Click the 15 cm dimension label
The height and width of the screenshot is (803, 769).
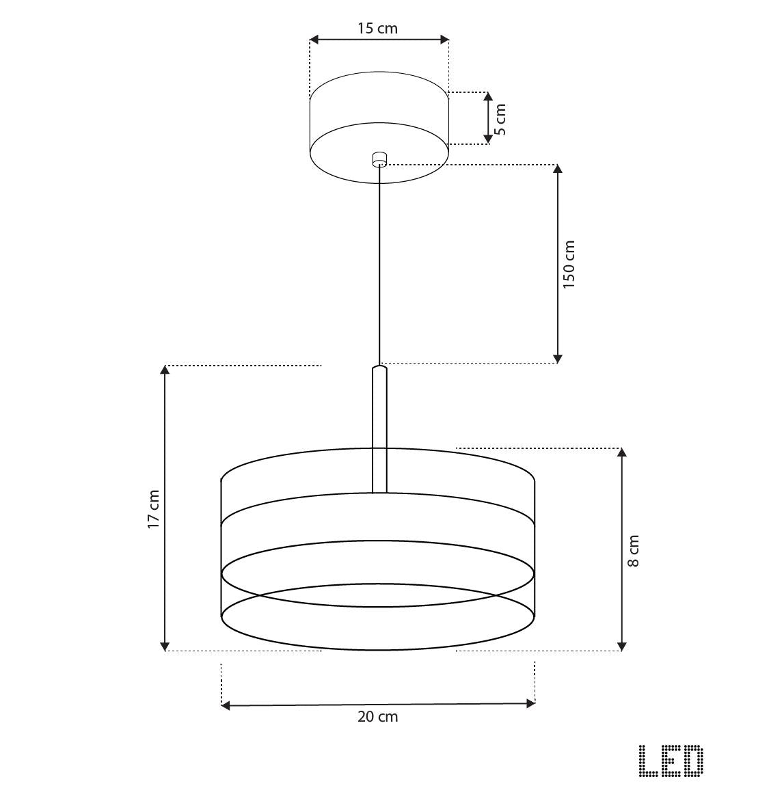pos(377,28)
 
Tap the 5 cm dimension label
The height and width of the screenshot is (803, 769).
pos(500,120)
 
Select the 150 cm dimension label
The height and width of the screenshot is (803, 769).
pos(569,264)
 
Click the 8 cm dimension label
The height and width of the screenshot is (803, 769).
pos(634,551)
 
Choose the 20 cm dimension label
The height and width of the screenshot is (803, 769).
pos(377,716)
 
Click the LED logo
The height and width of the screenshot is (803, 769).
pos(671,761)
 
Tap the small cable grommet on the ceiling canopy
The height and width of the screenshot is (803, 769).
pos(379,160)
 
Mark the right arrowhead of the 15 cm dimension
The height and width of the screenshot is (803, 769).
pos(444,40)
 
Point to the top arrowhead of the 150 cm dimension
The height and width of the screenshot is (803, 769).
pos(558,169)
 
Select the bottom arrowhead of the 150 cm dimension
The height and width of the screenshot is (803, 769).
pos(558,358)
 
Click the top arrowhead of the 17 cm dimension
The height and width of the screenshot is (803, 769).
pos(165,370)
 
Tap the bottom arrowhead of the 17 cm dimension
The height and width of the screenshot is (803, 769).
pos(165,646)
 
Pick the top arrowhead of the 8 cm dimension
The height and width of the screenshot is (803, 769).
pos(622,453)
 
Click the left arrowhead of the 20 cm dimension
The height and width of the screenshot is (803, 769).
pos(226,705)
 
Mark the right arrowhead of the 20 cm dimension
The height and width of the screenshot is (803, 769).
pos(530,703)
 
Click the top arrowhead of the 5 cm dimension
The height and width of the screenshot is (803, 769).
pos(488,96)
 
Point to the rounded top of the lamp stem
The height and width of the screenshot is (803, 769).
pos(379,369)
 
